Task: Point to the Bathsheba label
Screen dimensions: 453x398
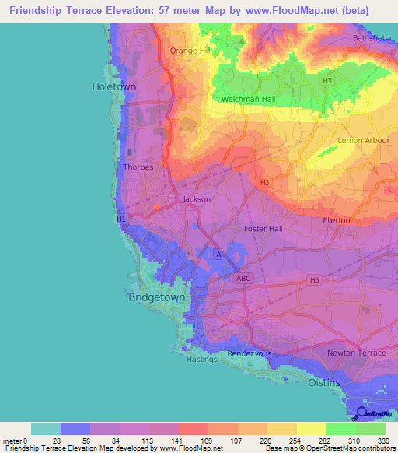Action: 368,37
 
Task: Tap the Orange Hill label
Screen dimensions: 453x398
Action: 190,51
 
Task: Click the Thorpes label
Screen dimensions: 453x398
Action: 138,167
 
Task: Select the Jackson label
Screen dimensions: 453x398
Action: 197,199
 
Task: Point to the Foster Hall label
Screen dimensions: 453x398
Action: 264,229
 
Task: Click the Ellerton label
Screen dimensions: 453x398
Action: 337,221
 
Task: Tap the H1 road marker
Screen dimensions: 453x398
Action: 120,220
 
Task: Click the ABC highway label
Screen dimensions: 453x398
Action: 243,278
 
